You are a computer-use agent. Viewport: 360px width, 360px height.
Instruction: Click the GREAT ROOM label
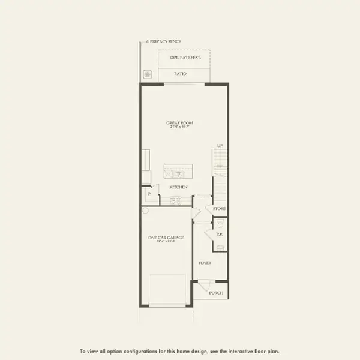pos(179,123)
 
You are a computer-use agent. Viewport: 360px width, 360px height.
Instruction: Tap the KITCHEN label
pos(179,187)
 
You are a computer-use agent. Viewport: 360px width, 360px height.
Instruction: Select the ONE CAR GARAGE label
pos(166,238)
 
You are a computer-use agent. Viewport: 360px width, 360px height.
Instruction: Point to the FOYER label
pos(205,263)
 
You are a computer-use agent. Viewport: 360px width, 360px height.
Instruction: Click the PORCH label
pos(215,293)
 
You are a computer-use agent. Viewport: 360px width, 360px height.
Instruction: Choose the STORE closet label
pos(219,209)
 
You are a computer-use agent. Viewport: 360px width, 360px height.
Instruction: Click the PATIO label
pos(180,74)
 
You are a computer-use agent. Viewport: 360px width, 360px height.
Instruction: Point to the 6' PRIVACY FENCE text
pos(164,41)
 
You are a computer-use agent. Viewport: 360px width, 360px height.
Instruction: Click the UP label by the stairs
pos(220,146)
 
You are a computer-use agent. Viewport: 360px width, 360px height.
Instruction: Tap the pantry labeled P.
pos(148,194)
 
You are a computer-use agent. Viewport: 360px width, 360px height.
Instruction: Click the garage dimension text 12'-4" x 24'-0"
pos(166,242)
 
